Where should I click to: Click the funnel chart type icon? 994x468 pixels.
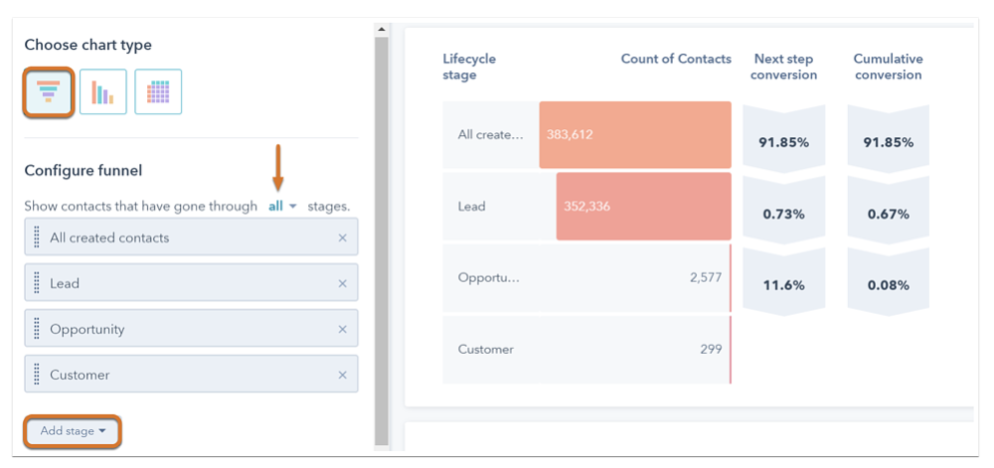[x=49, y=92]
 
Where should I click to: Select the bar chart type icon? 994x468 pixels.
[x=103, y=92]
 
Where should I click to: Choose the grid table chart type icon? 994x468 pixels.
[x=158, y=92]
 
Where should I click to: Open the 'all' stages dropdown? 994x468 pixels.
[x=282, y=207]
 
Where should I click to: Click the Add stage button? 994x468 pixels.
[x=73, y=431]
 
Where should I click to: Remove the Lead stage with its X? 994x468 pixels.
[x=343, y=284]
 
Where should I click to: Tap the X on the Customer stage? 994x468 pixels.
[x=343, y=376]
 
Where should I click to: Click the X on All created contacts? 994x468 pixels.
[x=343, y=238]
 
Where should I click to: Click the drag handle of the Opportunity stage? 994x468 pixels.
[x=37, y=329]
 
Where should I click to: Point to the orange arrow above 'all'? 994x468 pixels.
[x=278, y=167]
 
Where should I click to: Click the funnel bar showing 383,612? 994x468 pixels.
[x=634, y=134]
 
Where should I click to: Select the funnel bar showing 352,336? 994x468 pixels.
[x=642, y=206]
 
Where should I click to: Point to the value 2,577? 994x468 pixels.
[x=705, y=277]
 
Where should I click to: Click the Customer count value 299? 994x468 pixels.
[x=710, y=349]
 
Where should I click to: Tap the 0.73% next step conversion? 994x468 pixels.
[x=783, y=214]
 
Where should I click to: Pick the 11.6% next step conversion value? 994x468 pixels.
[x=783, y=285]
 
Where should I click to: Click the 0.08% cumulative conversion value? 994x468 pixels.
[x=888, y=285]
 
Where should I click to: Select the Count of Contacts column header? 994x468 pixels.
[x=676, y=59]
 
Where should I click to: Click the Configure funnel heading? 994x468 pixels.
[x=83, y=171]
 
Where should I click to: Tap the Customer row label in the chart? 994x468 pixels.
[x=485, y=349]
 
